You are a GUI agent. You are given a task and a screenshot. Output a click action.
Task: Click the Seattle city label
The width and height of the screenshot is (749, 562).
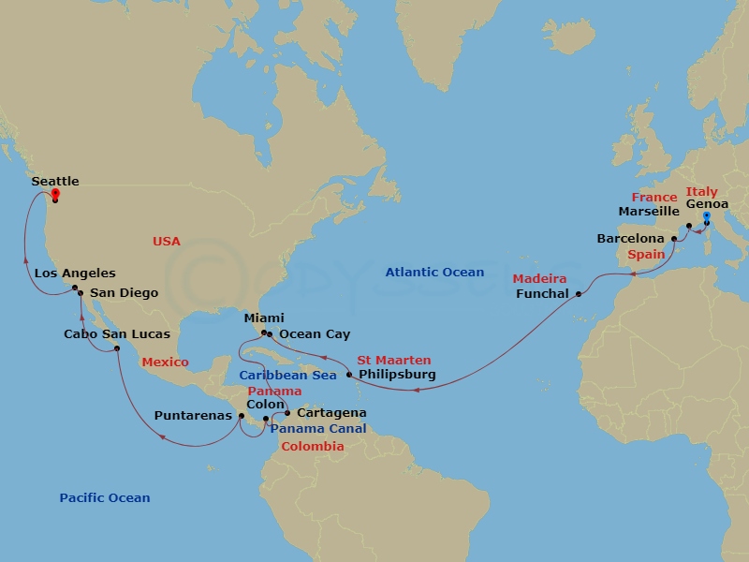(x=55, y=182)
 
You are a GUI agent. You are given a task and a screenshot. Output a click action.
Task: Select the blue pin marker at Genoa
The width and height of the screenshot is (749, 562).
(x=706, y=216)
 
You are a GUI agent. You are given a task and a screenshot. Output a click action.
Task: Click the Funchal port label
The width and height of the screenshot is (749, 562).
(x=542, y=294)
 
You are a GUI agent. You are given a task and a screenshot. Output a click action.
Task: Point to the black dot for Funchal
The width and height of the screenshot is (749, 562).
(x=578, y=294)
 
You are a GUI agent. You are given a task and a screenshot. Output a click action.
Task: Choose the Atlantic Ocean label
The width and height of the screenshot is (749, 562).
(x=434, y=273)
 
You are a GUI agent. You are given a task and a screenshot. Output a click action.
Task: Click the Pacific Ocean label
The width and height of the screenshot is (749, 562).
(x=105, y=498)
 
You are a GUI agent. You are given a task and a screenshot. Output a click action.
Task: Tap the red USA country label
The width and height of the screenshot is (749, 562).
(x=167, y=242)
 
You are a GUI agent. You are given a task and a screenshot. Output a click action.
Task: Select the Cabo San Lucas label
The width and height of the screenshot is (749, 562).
(x=117, y=334)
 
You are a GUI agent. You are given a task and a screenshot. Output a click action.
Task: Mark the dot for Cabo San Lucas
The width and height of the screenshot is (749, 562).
(x=117, y=348)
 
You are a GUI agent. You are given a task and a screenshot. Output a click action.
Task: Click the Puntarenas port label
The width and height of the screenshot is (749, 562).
(x=193, y=416)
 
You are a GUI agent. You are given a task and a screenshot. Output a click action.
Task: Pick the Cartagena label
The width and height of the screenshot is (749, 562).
(x=330, y=413)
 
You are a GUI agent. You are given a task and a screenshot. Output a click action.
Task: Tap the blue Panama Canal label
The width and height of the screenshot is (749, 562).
(x=318, y=429)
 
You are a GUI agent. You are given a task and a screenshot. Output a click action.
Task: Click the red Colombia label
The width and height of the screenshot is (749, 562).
(x=313, y=447)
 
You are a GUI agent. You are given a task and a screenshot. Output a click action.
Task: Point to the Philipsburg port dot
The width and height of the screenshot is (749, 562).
(x=349, y=375)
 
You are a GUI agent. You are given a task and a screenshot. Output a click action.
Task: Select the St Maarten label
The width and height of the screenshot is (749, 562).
(x=394, y=361)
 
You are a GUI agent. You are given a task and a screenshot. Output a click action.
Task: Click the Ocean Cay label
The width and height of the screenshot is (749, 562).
(x=315, y=334)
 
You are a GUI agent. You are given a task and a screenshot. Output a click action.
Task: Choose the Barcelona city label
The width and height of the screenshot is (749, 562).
(x=631, y=239)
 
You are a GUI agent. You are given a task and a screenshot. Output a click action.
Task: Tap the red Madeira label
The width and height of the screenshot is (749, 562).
(x=539, y=279)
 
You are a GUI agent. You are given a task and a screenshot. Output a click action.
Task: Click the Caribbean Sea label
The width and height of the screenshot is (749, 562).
(x=287, y=376)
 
